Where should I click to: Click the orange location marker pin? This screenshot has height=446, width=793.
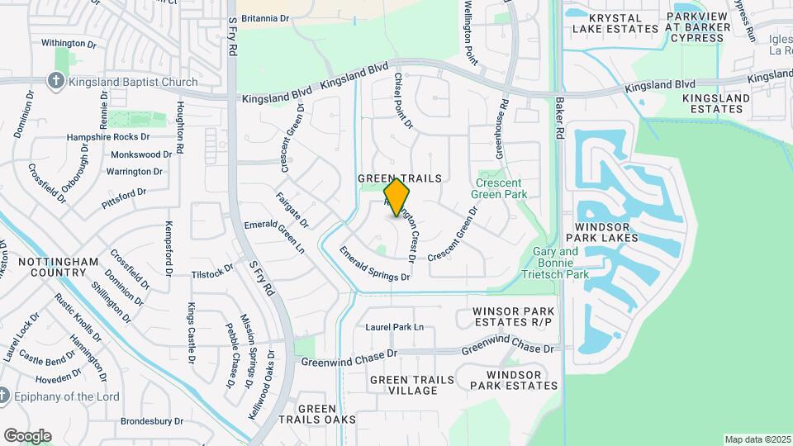pyautogui.click(x=397, y=197)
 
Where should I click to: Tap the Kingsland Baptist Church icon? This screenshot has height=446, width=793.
pyautogui.click(x=55, y=81)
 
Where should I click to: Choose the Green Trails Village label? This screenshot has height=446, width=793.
pyautogui.click(x=411, y=385)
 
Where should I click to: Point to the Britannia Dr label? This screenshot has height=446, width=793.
pyautogui.click(x=266, y=17)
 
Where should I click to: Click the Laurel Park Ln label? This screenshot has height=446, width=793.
pyautogui.click(x=394, y=327)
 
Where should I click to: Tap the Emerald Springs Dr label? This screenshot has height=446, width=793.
pyautogui.click(x=374, y=265)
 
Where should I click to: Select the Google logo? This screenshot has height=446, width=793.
pyautogui.click(x=27, y=435)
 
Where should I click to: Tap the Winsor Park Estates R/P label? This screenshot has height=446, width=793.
pyautogui.click(x=511, y=316)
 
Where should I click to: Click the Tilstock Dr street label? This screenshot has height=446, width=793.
pyautogui.click(x=212, y=273)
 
